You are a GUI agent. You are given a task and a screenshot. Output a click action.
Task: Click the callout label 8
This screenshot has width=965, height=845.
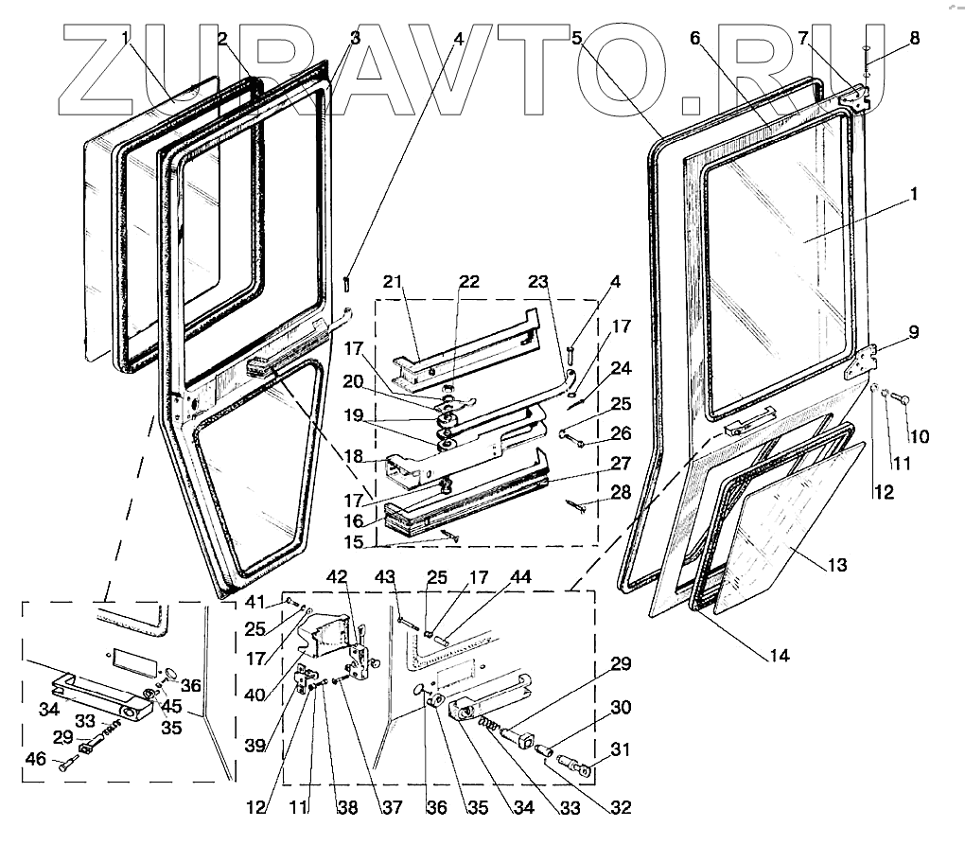coord(914,39)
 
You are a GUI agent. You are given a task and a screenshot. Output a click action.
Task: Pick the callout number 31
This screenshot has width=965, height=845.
coord(621,750)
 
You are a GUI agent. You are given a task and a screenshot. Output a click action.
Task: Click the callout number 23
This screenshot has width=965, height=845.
coord(537,281)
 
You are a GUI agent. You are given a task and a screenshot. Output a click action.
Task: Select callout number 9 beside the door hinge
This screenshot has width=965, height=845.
coord(913,332)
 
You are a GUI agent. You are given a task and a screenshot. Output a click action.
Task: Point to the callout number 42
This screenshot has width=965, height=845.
coord(338,577)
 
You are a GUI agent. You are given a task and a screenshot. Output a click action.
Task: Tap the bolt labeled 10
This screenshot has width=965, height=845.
coord(901,399)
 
